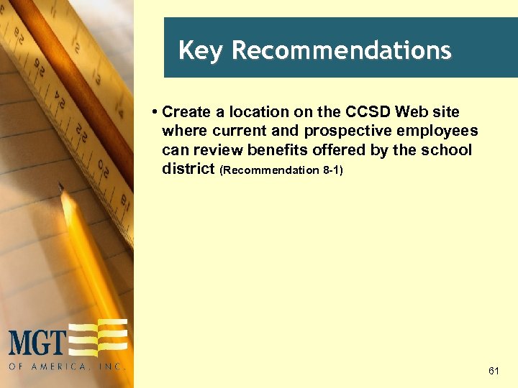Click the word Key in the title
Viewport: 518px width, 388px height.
[x=202, y=51]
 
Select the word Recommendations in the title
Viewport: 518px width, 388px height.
[x=342, y=51]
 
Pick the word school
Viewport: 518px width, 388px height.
[x=450, y=151]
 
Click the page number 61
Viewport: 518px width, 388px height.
[x=493, y=371]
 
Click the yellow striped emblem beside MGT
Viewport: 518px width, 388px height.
[x=99, y=338]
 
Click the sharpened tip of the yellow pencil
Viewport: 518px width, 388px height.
[x=63, y=188]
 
